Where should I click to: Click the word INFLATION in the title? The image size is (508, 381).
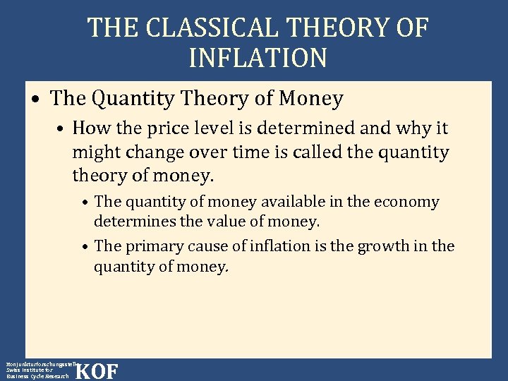[258, 58]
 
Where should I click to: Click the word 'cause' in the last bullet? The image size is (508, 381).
[194, 246]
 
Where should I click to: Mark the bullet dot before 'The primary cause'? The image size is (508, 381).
[84, 248]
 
